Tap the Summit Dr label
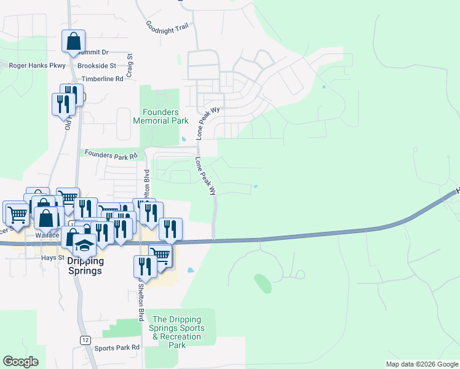pos(93,53)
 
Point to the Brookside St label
pos(97,65)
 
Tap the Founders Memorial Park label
pos(161,116)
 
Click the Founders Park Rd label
pos(111,154)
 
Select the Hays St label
pos(52,258)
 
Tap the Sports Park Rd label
pos(117,347)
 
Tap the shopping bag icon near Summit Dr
pos(73,42)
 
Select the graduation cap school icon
pos(83,245)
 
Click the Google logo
pos(20,362)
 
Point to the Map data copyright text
pos(421,364)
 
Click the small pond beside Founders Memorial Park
pos(183,138)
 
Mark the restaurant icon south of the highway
pos(145,266)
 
